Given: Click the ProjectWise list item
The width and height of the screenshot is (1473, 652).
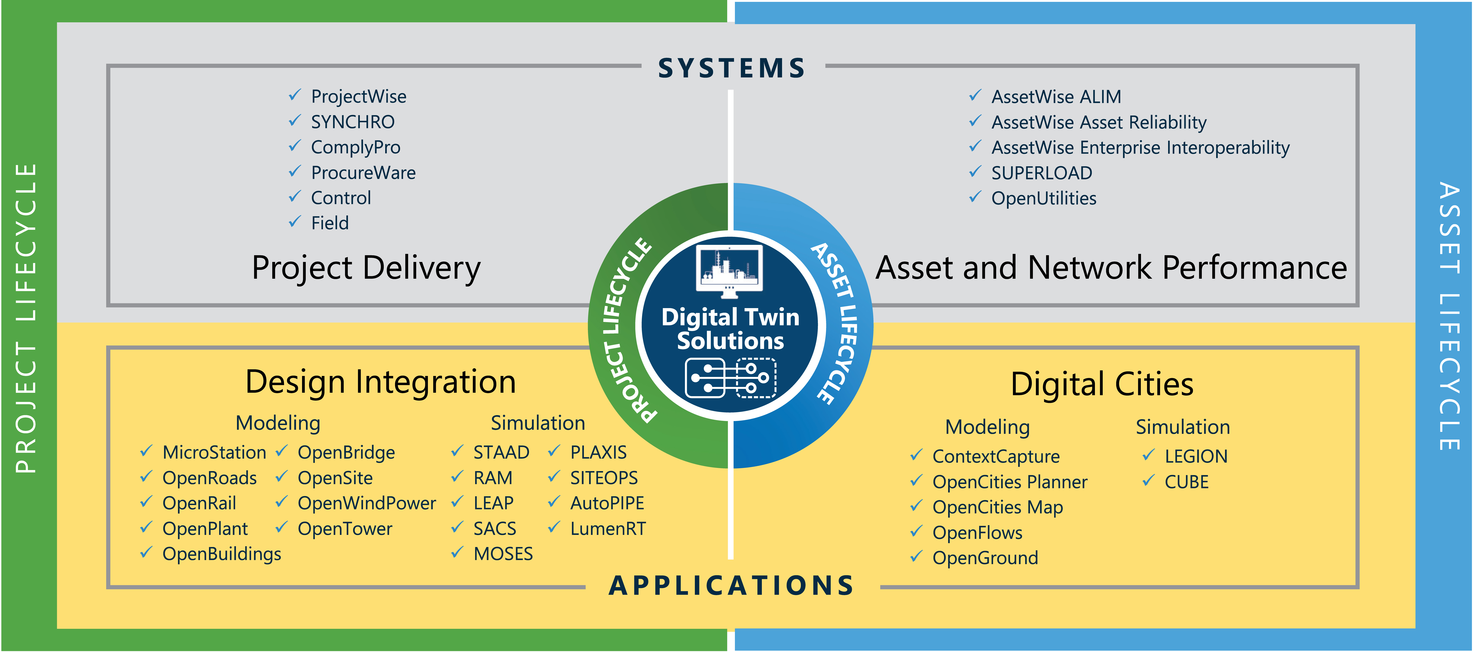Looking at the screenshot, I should tap(359, 97).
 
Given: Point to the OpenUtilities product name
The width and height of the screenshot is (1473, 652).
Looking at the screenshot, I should tap(1044, 198).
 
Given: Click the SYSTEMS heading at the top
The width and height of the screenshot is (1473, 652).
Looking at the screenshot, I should tap(732, 68).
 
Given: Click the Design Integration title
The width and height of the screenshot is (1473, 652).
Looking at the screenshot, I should tap(380, 382).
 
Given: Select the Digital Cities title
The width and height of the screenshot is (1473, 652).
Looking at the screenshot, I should tap(1102, 384).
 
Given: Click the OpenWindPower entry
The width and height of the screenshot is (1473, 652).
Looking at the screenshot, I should tap(367, 503).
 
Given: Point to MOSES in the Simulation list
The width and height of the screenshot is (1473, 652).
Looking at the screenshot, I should tap(503, 554).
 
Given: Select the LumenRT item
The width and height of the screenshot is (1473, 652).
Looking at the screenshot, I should tap(608, 529).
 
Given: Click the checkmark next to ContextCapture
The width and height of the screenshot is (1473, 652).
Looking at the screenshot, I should tap(916, 456).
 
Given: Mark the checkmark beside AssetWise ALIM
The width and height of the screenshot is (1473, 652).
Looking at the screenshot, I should tap(975, 95).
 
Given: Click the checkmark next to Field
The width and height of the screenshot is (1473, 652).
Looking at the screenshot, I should tap(294, 222).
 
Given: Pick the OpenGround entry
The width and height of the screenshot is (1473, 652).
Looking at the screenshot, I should tap(985, 558).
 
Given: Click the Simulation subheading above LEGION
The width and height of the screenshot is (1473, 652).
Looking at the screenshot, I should tap(1182, 427).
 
